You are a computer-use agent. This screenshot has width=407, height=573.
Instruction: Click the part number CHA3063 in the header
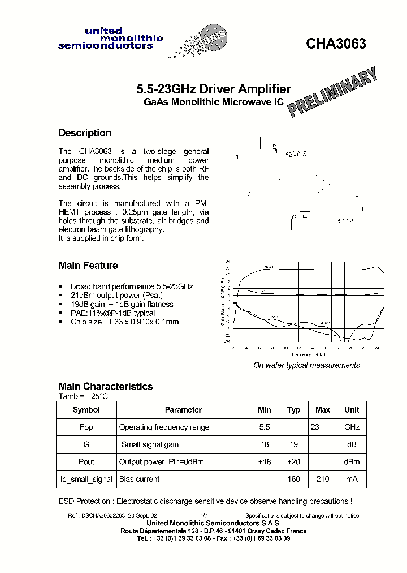pyautogui.click(x=336, y=44)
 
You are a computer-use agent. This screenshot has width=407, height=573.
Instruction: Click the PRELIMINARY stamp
pyautogui.click(x=332, y=92)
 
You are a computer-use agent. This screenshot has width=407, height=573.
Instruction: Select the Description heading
pyautogui.click(x=85, y=133)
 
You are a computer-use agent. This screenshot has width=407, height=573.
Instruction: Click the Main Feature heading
pyautogui.click(x=88, y=266)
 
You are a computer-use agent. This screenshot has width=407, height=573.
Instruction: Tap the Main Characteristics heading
pyautogui.click(x=106, y=386)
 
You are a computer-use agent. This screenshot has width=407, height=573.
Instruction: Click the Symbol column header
pyautogui.click(x=86, y=410)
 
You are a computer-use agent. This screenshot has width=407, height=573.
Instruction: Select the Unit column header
pyautogui.click(x=352, y=410)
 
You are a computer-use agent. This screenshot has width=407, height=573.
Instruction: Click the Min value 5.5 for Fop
pyautogui.click(x=264, y=427)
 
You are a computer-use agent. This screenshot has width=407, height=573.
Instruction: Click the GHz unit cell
pyautogui.click(x=352, y=427)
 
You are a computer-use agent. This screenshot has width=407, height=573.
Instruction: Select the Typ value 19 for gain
pyautogui.click(x=293, y=444)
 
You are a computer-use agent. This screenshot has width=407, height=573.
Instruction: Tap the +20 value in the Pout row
pyautogui.click(x=293, y=462)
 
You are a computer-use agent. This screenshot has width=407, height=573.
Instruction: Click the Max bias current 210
pyautogui.click(x=323, y=479)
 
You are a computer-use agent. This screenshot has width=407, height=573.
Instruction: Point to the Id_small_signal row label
pyautogui.click(x=86, y=479)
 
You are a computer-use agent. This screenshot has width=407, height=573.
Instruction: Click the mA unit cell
pyautogui.click(x=352, y=479)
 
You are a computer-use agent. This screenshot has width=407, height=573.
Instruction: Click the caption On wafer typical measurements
pyautogui.click(x=306, y=365)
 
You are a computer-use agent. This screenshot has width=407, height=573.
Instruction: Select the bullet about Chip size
pyautogui.click(x=124, y=322)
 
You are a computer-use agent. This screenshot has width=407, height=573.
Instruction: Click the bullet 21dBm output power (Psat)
pyautogui.click(x=121, y=296)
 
